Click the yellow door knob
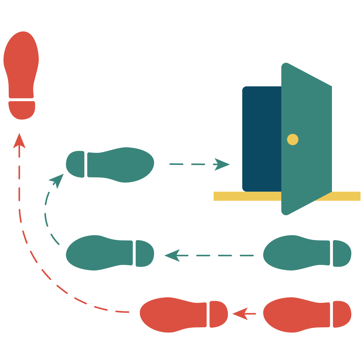tap(293, 139)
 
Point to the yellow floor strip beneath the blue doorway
tap(246, 196)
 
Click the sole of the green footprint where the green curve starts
tap(98, 253)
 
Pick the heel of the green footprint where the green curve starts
tap(144, 253)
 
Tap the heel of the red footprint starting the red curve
tap(218, 314)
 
